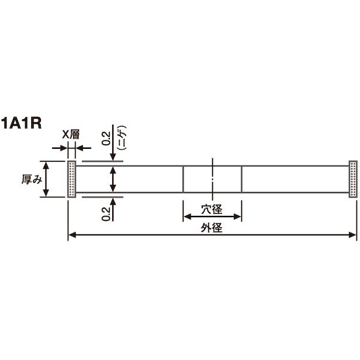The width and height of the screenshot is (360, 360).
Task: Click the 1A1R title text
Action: point(22,124)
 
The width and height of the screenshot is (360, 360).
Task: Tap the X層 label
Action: point(71,135)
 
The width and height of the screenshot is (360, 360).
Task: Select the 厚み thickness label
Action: point(32,179)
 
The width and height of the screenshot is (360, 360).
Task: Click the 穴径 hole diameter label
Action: point(212,209)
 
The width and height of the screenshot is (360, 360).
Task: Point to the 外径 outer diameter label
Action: point(212,228)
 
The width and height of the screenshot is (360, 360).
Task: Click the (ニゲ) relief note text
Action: point(122,138)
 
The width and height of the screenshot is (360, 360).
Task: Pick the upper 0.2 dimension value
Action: point(106,139)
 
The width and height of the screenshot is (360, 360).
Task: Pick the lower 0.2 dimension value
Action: point(106,214)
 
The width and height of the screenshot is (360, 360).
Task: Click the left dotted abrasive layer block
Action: point(71,179)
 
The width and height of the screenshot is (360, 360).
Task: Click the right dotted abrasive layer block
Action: point(353,179)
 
